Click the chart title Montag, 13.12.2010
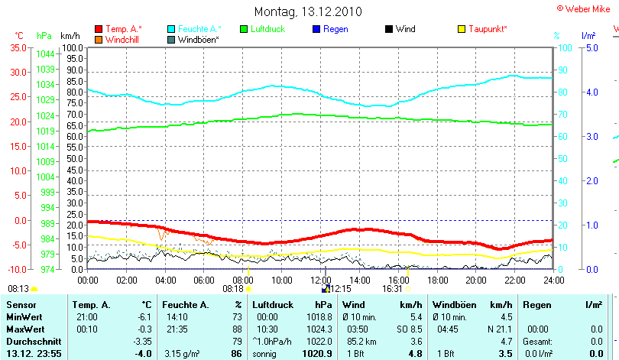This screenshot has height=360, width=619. [309, 11]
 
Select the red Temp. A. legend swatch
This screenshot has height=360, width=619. [99, 29]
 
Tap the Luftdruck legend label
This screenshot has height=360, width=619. [267, 29]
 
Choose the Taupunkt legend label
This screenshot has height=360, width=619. [488, 29]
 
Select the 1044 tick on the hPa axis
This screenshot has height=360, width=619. [45, 54]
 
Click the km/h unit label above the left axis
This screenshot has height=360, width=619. [70, 36]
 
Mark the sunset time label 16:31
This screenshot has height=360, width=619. [392, 289]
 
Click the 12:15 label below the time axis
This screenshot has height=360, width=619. [340, 289]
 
